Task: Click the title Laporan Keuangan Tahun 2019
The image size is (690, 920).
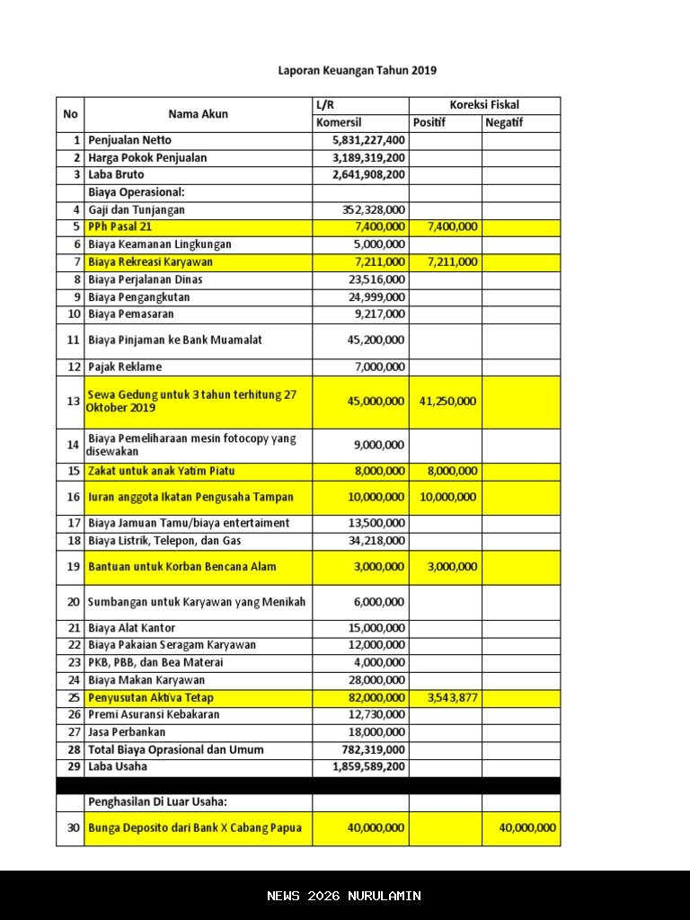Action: click(x=357, y=70)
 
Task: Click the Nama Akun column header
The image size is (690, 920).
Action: click(x=198, y=114)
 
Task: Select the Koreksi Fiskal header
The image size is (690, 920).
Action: click(x=484, y=105)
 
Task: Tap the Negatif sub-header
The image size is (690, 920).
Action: click(x=504, y=123)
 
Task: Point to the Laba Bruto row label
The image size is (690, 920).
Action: click(x=116, y=174)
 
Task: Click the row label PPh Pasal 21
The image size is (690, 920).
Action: click(x=120, y=227)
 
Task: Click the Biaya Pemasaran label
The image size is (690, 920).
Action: click(x=131, y=314)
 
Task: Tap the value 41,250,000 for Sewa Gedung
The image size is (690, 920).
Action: click(x=447, y=402)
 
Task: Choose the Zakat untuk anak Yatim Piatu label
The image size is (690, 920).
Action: click(x=162, y=471)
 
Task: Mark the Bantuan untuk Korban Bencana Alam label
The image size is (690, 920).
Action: click(x=182, y=567)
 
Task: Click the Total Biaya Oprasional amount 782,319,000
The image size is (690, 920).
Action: click(x=373, y=749)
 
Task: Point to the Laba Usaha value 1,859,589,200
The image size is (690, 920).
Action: click(x=368, y=766)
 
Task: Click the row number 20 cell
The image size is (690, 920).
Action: click(x=73, y=602)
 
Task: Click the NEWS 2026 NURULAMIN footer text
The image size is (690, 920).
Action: click(x=344, y=896)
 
